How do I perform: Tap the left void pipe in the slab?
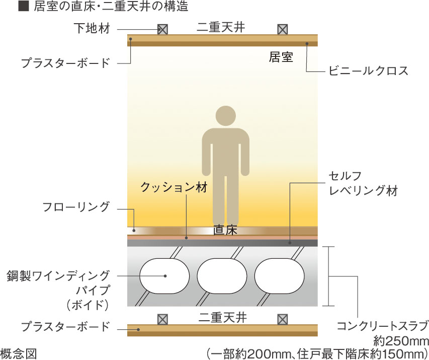[x=164, y=276]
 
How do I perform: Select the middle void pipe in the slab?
[x=222, y=276]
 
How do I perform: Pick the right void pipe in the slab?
[x=279, y=276]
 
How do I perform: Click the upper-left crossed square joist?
[x=162, y=29]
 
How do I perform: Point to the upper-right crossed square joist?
[x=283, y=29]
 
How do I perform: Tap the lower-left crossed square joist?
[x=162, y=319]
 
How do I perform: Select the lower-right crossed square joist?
[x=283, y=319]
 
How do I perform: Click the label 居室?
[x=281, y=57]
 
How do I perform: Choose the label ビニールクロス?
[x=368, y=71]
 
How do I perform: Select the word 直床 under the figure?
[x=225, y=231]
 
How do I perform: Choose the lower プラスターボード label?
[x=65, y=326]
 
